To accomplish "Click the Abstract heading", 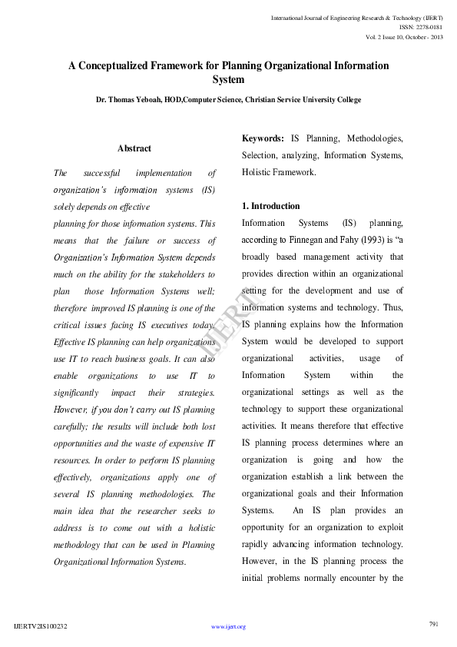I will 134,148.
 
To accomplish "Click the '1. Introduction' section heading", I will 271,206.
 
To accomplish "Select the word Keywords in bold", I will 263,138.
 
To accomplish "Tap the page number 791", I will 432,623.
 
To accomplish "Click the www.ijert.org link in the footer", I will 228,627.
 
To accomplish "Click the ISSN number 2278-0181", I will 426,27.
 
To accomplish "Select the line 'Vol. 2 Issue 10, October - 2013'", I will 404,38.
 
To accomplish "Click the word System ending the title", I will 228,79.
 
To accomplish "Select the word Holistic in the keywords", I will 258,172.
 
